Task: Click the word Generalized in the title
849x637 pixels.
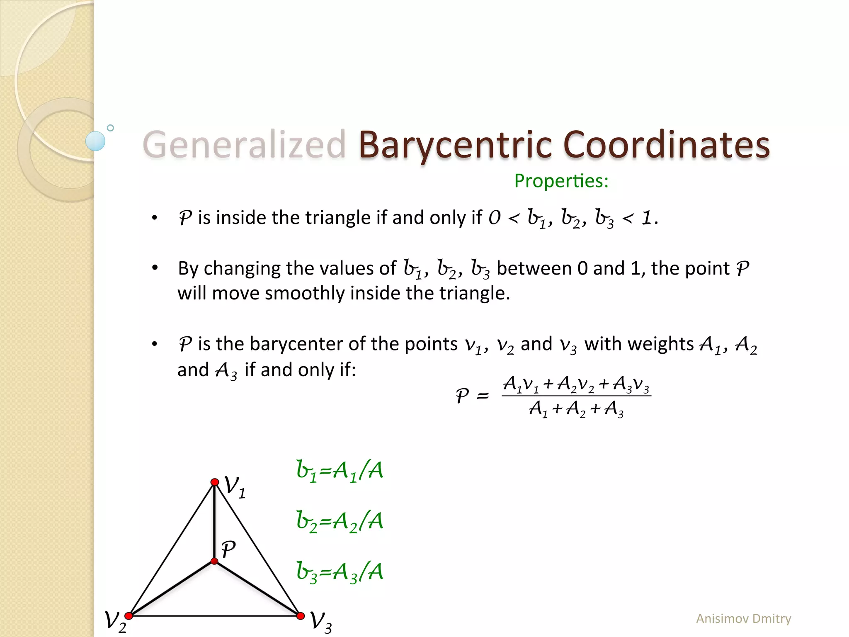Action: click(x=244, y=145)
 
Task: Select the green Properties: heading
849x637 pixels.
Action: click(x=561, y=181)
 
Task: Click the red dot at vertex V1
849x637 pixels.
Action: click(x=215, y=482)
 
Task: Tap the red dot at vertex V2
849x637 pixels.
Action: click(x=129, y=616)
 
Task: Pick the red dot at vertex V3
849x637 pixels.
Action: click(x=301, y=616)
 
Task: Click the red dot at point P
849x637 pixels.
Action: click(x=214, y=561)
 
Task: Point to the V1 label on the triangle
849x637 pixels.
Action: click(x=235, y=487)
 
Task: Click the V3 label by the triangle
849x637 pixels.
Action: click(x=321, y=622)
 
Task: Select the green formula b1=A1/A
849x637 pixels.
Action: click(x=340, y=471)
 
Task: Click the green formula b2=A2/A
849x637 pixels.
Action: click(x=340, y=522)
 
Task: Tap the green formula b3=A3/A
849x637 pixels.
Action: click(x=340, y=572)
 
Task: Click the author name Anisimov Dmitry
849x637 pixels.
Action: click(x=743, y=618)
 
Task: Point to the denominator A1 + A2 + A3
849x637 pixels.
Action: click(x=576, y=409)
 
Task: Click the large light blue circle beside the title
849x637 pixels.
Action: click(x=95, y=141)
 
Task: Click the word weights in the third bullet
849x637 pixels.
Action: click(x=639, y=344)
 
